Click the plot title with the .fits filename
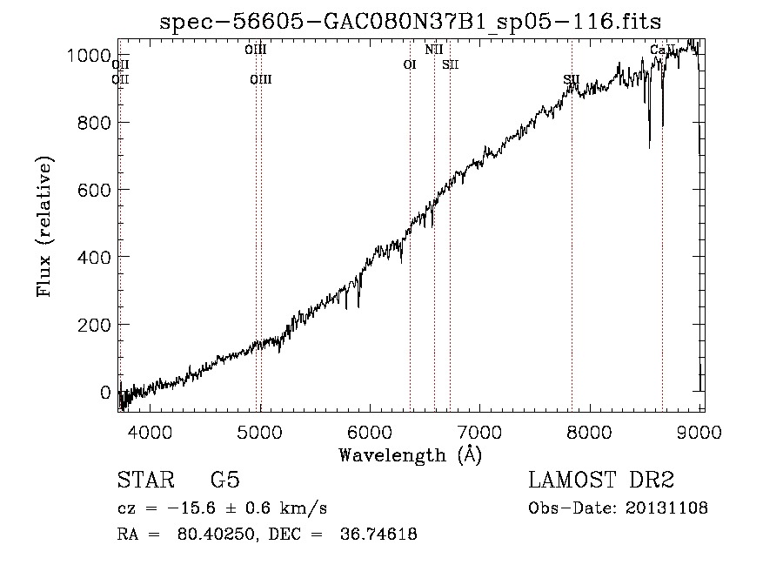point(417,21)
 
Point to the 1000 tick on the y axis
point(90,56)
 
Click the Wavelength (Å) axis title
point(410,454)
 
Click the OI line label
point(410,64)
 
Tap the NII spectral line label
point(434,50)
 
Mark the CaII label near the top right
point(662,50)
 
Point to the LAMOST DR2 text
point(601,481)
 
